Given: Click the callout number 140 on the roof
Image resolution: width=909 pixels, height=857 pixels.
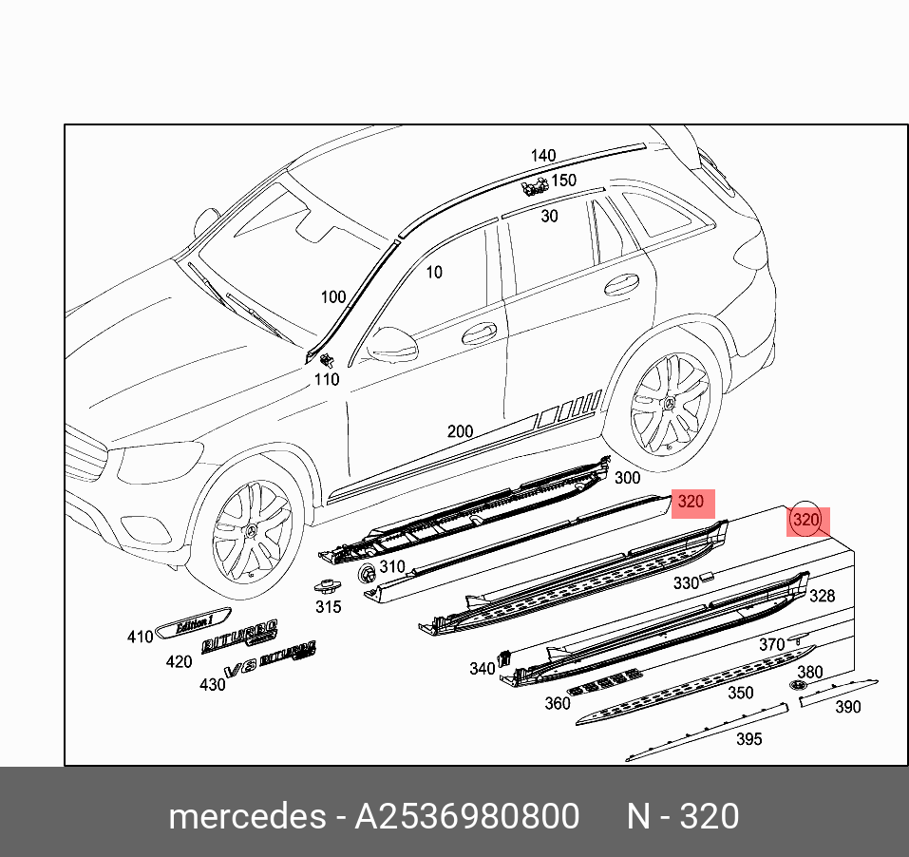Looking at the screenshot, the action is click(x=543, y=156).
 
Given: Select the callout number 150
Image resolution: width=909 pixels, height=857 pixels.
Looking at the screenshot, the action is click(x=564, y=181).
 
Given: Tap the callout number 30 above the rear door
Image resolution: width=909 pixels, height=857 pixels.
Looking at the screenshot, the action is click(x=549, y=217).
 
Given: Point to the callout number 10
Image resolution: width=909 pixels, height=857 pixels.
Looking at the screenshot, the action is click(x=433, y=273).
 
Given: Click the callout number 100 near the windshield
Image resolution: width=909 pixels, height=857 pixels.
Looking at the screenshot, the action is click(x=332, y=297).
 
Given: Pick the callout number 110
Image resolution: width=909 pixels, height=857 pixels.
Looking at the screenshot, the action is click(x=327, y=379).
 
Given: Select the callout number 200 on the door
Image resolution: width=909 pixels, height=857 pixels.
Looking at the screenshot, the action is click(x=460, y=431).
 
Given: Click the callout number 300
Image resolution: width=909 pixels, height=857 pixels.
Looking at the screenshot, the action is click(x=627, y=478).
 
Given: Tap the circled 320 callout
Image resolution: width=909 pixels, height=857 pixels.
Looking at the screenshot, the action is click(x=805, y=520).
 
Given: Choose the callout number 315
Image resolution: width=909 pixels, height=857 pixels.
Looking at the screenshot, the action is click(x=328, y=607).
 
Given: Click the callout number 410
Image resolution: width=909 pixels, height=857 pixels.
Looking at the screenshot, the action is click(x=140, y=637).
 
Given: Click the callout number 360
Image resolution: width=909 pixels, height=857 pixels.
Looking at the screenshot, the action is click(x=557, y=703).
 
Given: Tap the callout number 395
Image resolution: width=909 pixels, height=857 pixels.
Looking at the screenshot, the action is click(x=748, y=739).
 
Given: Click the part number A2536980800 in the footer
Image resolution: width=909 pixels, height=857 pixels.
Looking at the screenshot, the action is click(x=466, y=817).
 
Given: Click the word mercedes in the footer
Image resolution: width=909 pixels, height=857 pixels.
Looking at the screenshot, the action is click(x=247, y=817).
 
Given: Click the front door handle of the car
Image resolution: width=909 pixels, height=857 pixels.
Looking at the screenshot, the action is click(x=479, y=333).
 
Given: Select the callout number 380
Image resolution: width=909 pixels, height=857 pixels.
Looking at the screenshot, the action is click(x=809, y=672).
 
